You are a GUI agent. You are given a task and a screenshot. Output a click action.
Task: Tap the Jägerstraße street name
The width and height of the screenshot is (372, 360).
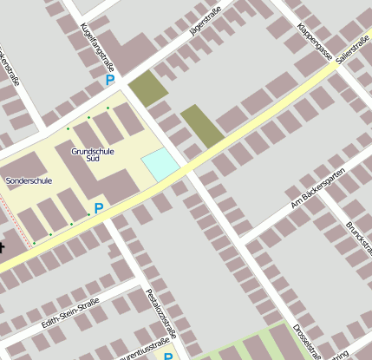coord(205,23)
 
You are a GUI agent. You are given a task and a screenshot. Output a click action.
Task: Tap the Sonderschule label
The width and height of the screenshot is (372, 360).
coord(29,181)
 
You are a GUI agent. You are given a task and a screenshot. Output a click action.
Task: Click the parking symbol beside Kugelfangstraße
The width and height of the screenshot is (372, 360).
coord(110,80)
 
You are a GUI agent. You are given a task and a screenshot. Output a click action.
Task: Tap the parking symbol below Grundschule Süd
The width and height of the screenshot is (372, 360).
coord(99,208)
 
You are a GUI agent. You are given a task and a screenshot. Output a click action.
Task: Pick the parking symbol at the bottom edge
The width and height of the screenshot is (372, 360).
coord(169,356)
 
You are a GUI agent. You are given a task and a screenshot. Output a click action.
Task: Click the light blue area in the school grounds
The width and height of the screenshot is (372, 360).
coord(160,164)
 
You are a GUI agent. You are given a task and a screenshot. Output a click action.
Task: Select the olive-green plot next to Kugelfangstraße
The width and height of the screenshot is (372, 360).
coord(148,88)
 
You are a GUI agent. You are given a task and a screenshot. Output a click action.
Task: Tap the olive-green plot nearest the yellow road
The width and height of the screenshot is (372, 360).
coord(201,126)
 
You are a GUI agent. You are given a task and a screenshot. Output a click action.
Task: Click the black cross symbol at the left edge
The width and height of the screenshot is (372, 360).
coord(2,246)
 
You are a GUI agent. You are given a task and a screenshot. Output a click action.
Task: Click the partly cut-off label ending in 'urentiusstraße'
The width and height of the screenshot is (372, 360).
coord(139,353)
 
